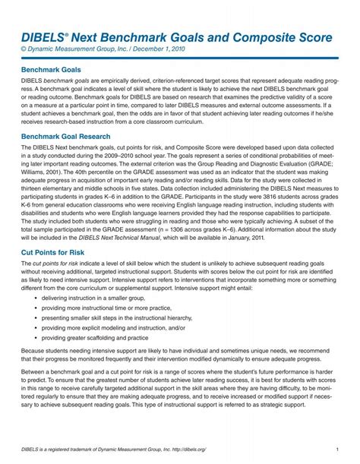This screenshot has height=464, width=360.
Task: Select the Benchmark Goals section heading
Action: [x=52, y=68]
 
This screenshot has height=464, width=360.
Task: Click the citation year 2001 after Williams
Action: [x=66, y=172]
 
